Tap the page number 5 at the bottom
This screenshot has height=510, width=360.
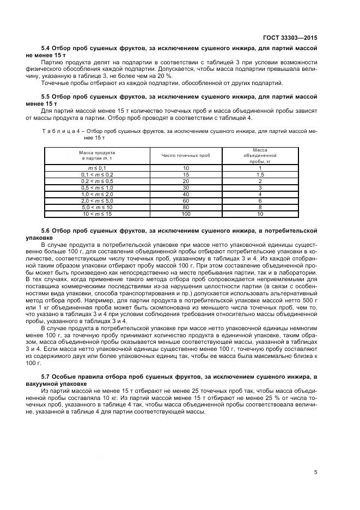tap(315, 472)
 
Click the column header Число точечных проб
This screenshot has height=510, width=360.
tap(186, 155)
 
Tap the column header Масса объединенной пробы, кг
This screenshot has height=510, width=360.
tap(260, 155)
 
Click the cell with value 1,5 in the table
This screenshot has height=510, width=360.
tap(260, 174)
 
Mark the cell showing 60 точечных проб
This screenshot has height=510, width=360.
tap(186, 201)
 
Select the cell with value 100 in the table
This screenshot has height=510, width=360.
tap(186, 214)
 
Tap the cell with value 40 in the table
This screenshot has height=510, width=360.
tap(186, 194)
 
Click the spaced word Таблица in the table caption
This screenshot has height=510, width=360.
tap(57, 131)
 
